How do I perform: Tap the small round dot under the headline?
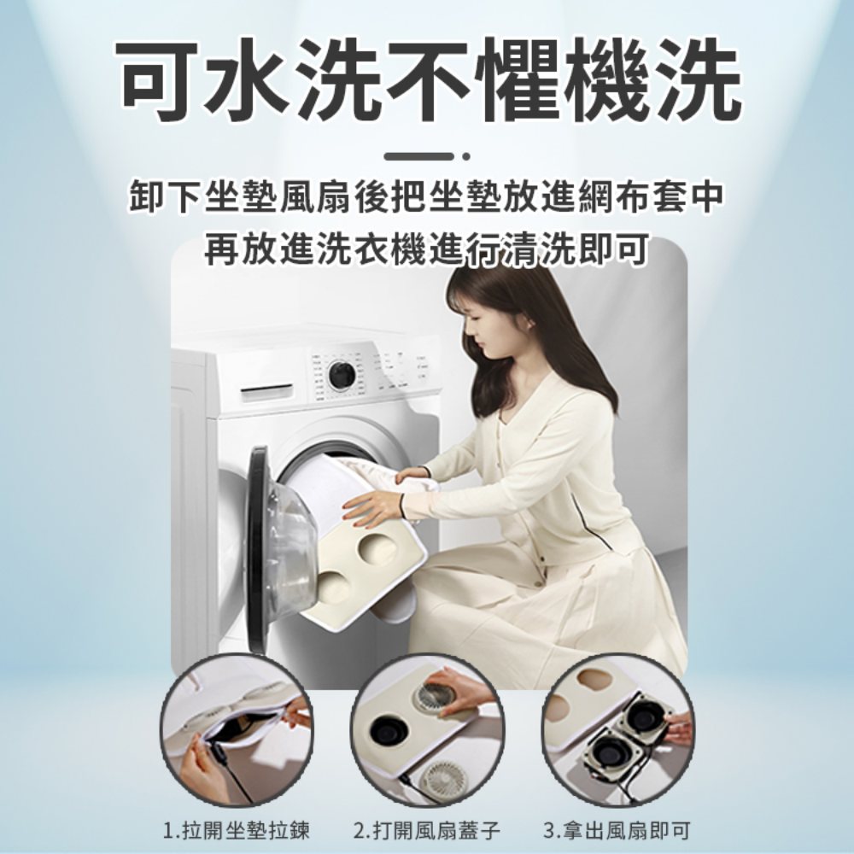pyautogui.click(x=465, y=157)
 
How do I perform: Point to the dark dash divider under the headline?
pyautogui.click(x=418, y=157)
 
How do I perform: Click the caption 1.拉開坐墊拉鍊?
pyautogui.click(x=237, y=831)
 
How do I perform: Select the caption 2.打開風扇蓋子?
pyautogui.click(x=426, y=831)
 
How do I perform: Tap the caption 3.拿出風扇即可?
pyautogui.click(x=617, y=831)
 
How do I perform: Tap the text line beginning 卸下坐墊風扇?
pyautogui.click(x=426, y=198)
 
